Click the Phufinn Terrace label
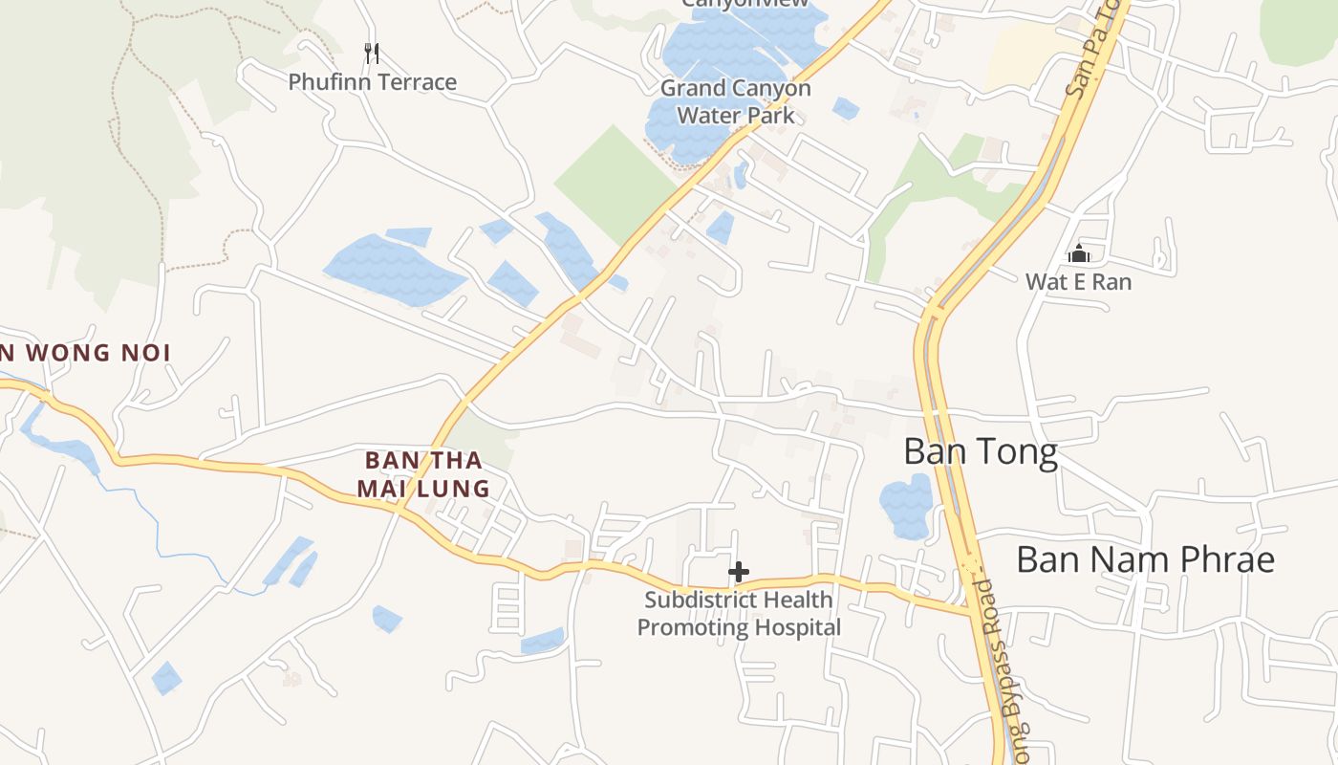(x=373, y=82)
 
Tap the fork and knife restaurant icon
(x=373, y=53)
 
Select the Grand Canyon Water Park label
(x=735, y=101)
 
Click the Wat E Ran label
(x=1078, y=282)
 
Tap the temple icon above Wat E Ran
(x=1079, y=253)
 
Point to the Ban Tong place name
(x=981, y=451)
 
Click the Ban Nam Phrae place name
(x=1145, y=559)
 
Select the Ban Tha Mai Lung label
(x=423, y=474)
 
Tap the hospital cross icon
(x=738, y=572)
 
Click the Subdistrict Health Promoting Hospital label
(x=739, y=614)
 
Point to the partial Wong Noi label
(x=86, y=353)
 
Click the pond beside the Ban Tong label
(x=905, y=504)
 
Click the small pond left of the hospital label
(x=542, y=641)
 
